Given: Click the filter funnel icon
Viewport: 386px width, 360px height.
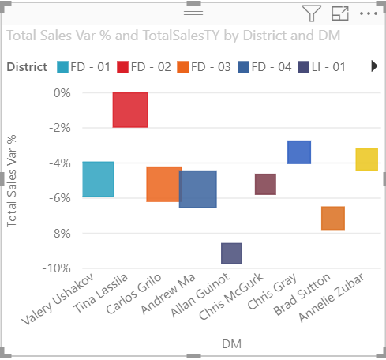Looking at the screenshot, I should point(312,13).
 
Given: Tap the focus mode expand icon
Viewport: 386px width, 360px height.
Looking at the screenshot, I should point(339,13).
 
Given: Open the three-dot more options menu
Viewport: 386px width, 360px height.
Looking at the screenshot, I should point(368,13).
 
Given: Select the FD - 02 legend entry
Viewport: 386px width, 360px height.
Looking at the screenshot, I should point(144,67).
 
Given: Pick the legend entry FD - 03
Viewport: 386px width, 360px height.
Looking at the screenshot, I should point(203,67).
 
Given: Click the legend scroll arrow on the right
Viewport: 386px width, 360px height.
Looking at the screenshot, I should point(374,67).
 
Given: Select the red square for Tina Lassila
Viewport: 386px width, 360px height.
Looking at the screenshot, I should point(130,110).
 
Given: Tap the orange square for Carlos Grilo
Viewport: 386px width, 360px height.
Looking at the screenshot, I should point(164,184).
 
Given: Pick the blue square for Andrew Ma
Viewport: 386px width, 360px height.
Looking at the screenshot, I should point(198,189).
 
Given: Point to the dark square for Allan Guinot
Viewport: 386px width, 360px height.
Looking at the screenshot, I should point(231,253).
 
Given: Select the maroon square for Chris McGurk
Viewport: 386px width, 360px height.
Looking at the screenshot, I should point(265,184).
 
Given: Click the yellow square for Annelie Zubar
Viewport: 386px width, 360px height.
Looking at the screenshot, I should point(366,159).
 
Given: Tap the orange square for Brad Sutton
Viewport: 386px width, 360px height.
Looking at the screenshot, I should point(333,218).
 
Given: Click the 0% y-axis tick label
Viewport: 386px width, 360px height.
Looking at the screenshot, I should point(62,93).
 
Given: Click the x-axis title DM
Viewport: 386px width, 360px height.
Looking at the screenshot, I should point(231,344).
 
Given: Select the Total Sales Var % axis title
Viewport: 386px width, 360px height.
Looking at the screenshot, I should point(12,181).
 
